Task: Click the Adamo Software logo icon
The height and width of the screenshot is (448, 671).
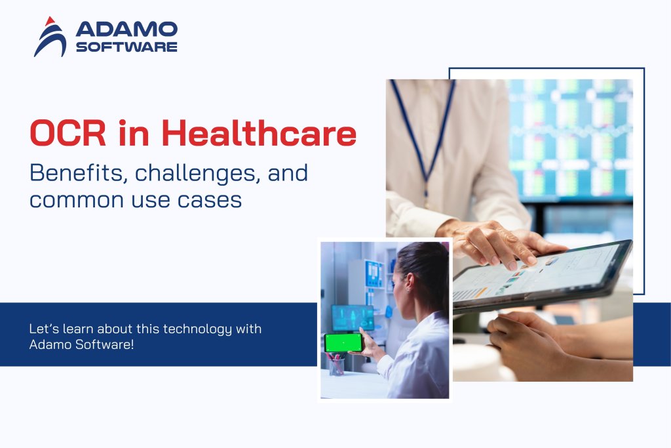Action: pos(50,37)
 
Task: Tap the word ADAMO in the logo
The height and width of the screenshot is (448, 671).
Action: pos(126,29)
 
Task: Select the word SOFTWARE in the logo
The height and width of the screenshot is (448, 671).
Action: pos(126,47)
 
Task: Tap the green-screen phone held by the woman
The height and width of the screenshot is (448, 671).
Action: pos(343,342)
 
